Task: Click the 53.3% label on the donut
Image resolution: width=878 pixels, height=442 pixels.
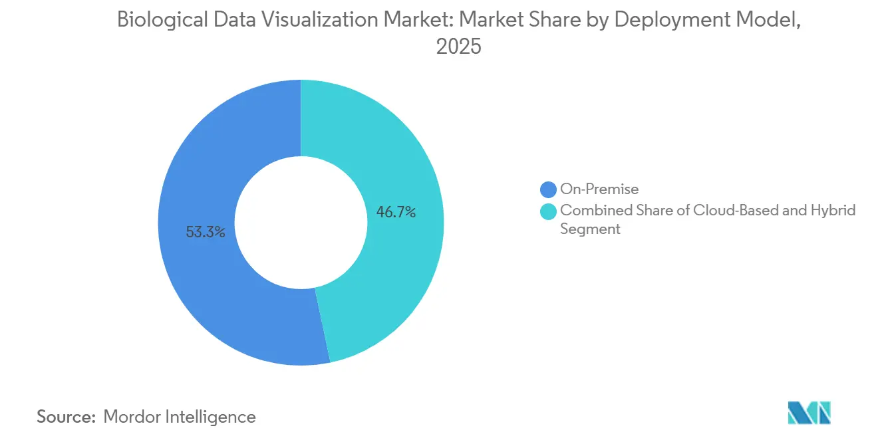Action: (x=206, y=232)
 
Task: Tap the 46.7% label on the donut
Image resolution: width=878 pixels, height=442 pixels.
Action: (x=396, y=213)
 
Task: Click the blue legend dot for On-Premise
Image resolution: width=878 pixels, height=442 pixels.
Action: (x=549, y=189)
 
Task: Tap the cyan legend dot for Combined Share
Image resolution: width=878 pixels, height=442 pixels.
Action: (x=549, y=211)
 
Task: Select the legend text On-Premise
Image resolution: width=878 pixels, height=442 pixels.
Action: (x=599, y=189)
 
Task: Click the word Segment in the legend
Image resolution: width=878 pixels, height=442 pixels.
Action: (x=590, y=229)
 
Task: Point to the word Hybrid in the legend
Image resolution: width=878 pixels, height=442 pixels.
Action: (x=833, y=211)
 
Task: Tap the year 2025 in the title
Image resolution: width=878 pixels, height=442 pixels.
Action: (x=458, y=48)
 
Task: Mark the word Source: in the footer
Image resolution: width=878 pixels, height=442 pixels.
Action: (x=67, y=417)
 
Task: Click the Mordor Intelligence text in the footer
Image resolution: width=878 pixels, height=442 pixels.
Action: (x=180, y=417)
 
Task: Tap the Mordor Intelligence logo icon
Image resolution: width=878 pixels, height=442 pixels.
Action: (x=809, y=413)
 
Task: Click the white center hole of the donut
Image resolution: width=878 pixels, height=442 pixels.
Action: (x=301, y=223)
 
